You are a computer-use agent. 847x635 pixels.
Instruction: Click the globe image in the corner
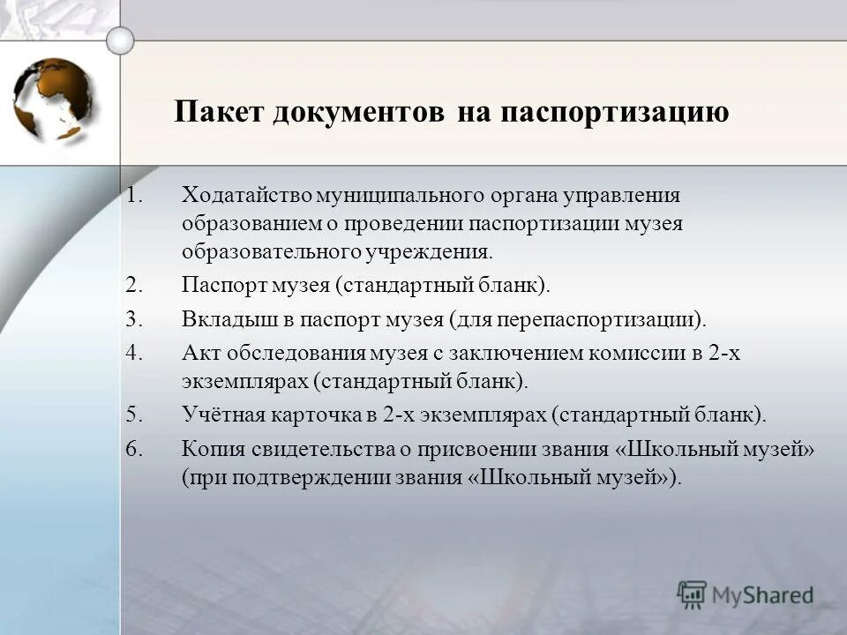click(x=54, y=99)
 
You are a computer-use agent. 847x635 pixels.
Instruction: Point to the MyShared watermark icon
click(x=692, y=594)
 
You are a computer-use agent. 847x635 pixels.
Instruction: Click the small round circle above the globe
click(x=120, y=40)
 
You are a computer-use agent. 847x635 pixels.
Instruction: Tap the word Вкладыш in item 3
click(x=221, y=318)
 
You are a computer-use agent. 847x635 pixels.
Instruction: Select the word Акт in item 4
click(x=199, y=353)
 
